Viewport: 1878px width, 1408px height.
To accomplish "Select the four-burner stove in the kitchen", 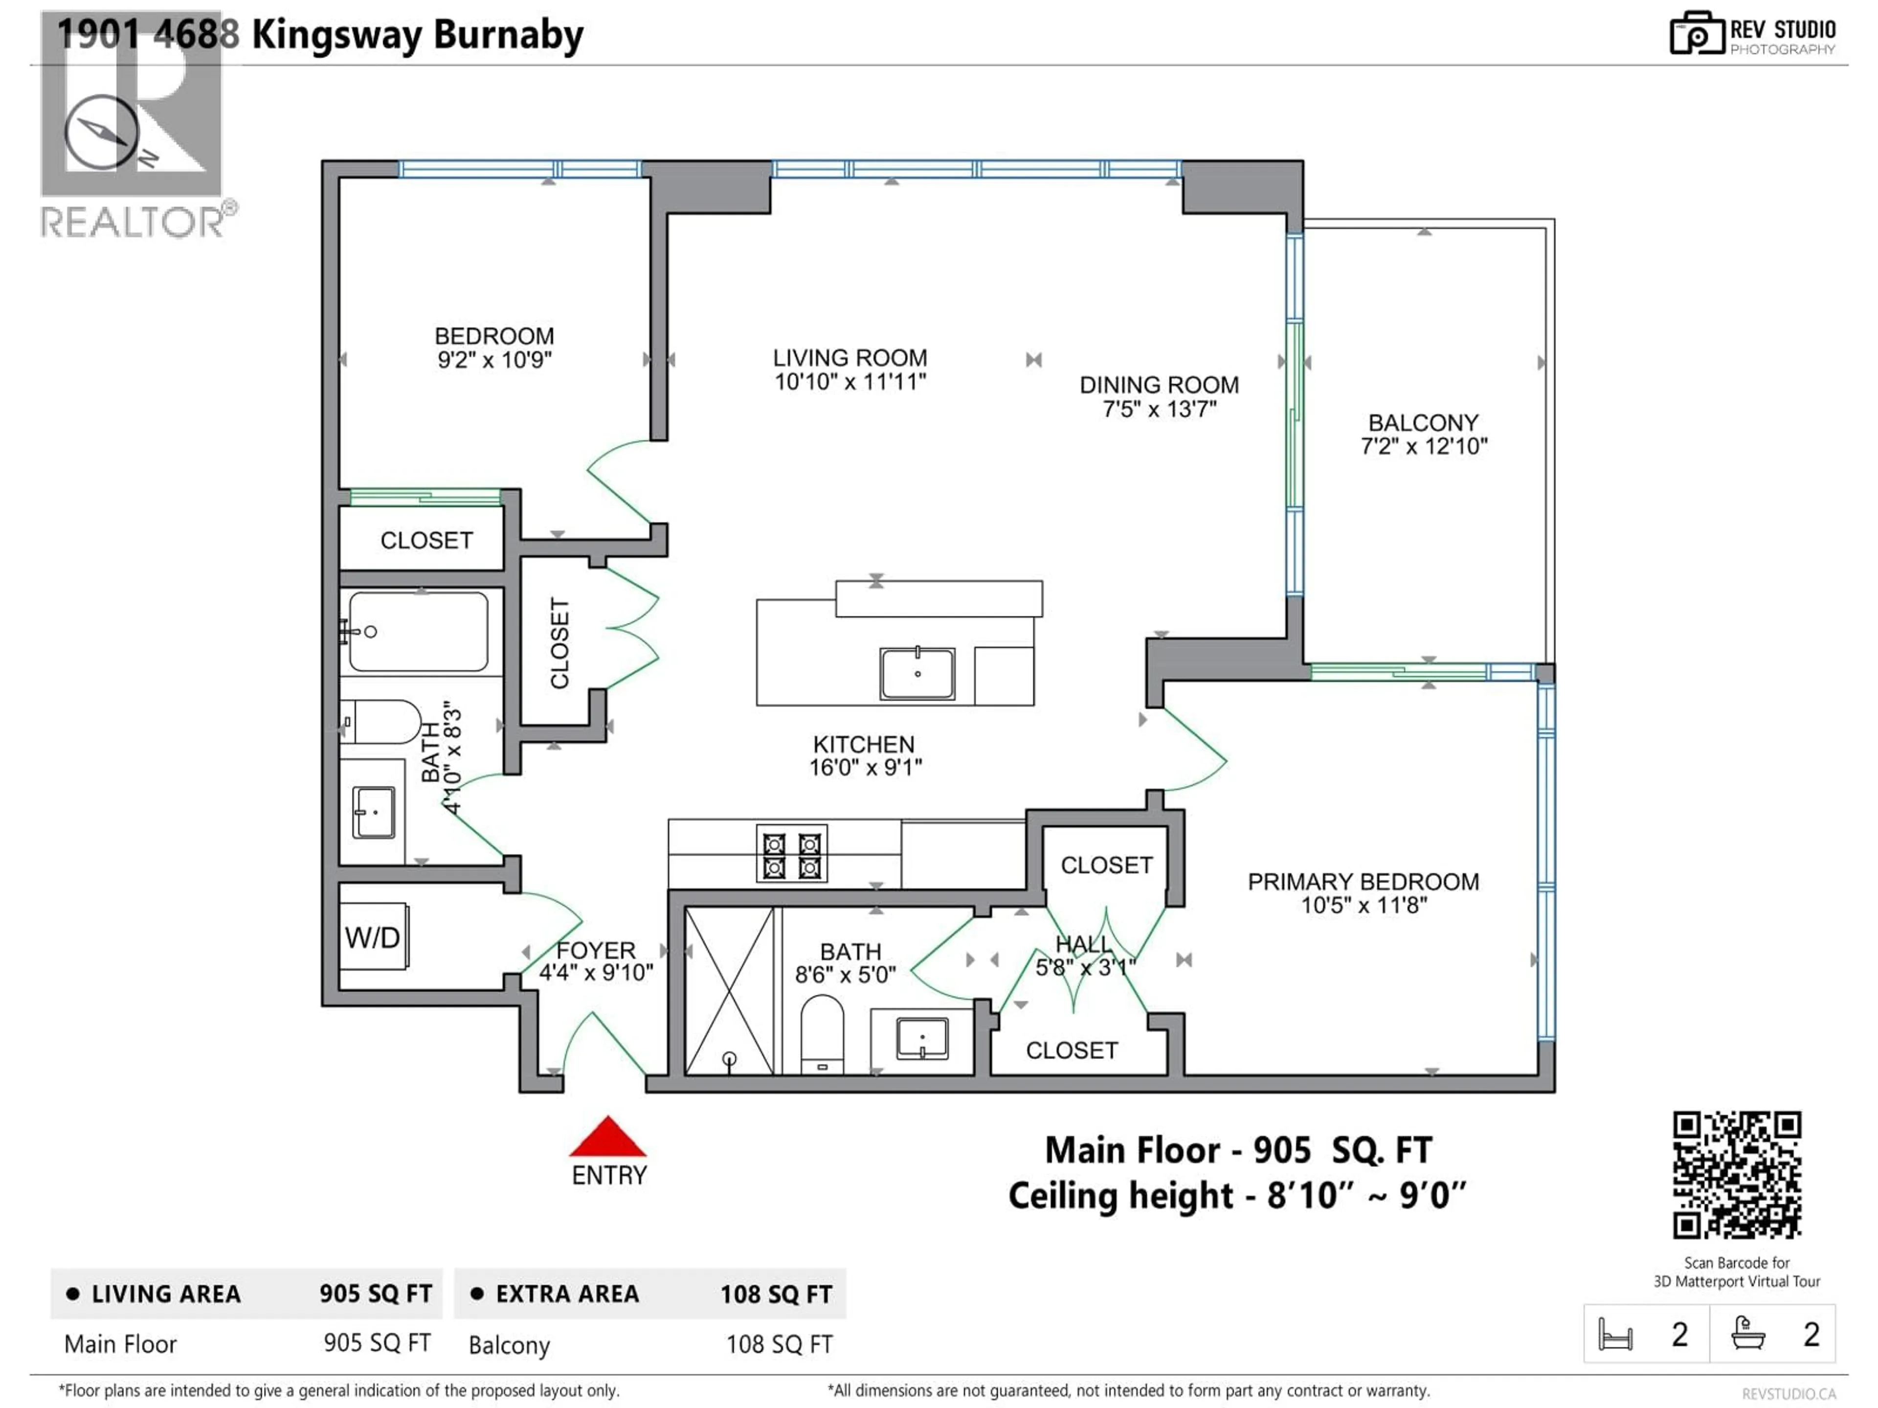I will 791,854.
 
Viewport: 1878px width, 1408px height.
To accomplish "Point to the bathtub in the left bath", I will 419,632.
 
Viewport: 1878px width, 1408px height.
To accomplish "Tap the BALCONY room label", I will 1423,423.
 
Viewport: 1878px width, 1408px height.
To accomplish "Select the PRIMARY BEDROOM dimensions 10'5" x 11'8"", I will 1364,905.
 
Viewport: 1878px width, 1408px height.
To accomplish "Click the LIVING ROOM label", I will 850,358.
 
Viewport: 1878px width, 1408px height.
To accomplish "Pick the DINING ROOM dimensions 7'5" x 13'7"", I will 1159,409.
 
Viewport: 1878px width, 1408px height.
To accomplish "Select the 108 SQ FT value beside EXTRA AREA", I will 776,1294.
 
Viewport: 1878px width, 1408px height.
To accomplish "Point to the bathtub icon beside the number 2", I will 1748,1333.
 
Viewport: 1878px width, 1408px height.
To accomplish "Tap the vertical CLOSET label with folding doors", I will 559,642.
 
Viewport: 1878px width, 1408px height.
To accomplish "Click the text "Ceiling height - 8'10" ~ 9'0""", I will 1237,1196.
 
